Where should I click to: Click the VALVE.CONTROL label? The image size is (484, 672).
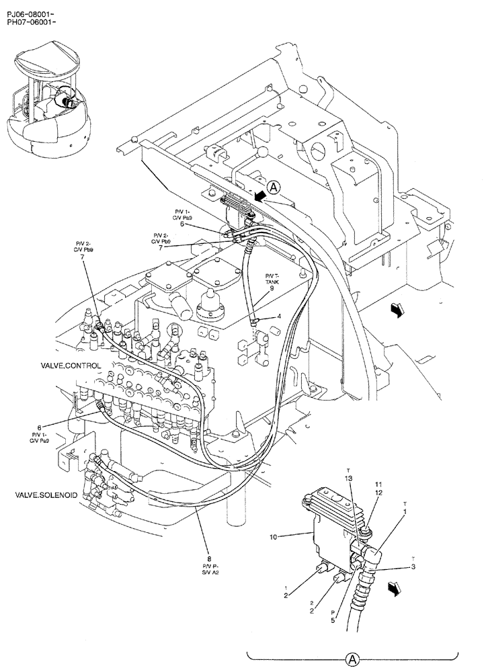(71, 366)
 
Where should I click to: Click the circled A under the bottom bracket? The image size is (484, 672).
(352, 659)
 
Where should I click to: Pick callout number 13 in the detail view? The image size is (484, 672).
(349, 478)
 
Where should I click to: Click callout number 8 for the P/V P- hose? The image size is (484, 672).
(210, 557)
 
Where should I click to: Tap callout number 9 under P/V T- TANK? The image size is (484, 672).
(272, 288)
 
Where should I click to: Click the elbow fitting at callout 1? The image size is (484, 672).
(370, 556)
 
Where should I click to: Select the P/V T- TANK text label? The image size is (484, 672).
(272, 279)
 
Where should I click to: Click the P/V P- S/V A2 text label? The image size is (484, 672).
(210, 570)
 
